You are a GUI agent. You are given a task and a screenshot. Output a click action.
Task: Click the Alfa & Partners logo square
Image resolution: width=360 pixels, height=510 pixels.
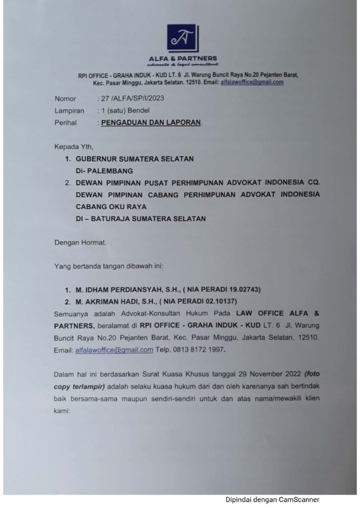(182, 39)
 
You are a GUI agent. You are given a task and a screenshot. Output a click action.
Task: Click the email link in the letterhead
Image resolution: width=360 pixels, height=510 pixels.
(252, 83)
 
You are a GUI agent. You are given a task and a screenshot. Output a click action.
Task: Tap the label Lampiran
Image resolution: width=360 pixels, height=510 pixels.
(69, 111)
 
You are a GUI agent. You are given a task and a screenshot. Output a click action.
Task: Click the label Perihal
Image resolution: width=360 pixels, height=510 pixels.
(66, 123)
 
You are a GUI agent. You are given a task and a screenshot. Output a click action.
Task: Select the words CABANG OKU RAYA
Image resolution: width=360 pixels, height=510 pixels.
(111, 206)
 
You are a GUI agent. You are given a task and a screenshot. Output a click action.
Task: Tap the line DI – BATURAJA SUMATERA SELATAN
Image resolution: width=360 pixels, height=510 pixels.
(140, 219)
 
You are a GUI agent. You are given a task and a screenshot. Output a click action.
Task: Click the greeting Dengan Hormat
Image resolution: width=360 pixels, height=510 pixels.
(80, 243)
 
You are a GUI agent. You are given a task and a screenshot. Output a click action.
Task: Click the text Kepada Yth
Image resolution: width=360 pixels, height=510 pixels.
(74, 147)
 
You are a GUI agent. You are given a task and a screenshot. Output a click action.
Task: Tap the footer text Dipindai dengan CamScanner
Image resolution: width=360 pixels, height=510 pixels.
(272, 500)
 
